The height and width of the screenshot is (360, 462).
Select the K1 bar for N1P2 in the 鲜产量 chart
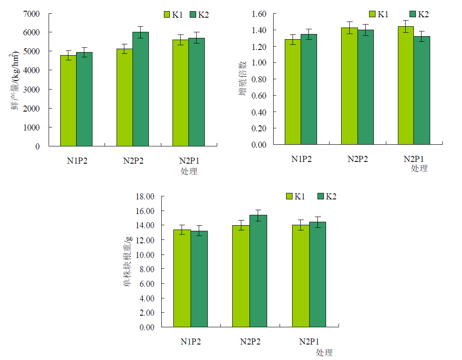[x=68, y=101]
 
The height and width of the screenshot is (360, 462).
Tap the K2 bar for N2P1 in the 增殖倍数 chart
[x=422, y=90]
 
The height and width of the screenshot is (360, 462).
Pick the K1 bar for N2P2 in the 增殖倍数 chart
[x=349, y=86]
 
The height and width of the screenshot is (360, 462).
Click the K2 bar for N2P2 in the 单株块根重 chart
[x=258, y=271]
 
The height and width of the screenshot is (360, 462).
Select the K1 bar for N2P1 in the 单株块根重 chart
[x=301, y=276]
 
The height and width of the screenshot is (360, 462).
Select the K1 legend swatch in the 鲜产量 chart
[x=167, y=15]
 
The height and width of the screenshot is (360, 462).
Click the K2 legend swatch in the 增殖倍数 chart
[x=413, y=14]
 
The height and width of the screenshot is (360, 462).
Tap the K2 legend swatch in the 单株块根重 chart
[x=320, y=196]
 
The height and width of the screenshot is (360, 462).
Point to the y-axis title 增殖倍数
[x=243, y=79]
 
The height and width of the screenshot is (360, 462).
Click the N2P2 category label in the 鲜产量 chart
[x=133, y=161]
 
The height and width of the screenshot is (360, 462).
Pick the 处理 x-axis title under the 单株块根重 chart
[x=324, y=353]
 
